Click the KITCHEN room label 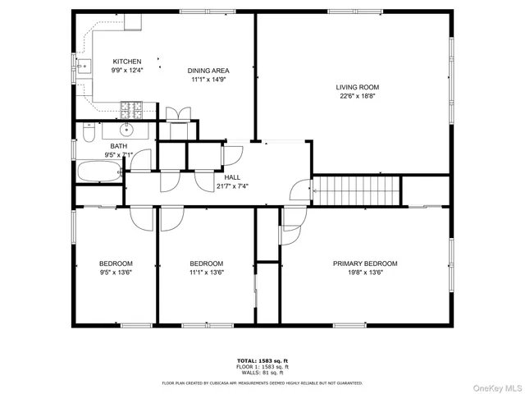127,62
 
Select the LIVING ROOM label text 357,87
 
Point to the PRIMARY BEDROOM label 364,263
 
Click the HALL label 231,177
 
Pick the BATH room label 108,146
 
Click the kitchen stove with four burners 131,107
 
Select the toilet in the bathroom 89,132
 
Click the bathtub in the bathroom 98,172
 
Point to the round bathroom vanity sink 128,129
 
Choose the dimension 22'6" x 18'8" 357,96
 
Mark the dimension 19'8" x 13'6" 364,273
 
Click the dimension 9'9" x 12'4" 127,71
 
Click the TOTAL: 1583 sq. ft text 262,361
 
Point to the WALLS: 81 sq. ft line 262,373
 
